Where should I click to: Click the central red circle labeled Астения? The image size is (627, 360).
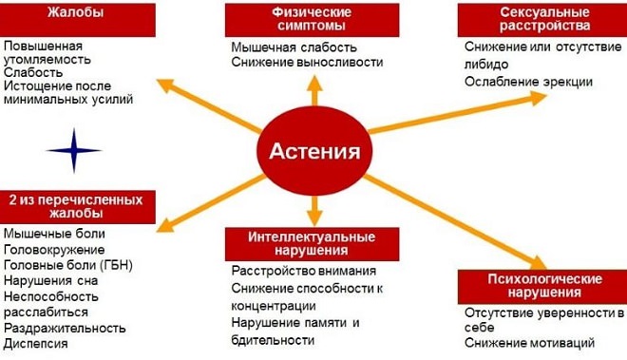coord(314,150)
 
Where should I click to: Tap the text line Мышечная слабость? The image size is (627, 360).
coord(294,47)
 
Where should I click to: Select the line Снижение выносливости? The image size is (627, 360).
coord(306,62)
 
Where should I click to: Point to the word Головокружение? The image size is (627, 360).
coord(54,249)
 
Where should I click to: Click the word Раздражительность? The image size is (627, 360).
coord(65,327)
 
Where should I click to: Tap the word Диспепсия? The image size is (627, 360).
coord(39,343)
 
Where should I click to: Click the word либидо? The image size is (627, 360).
coord(486,64)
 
